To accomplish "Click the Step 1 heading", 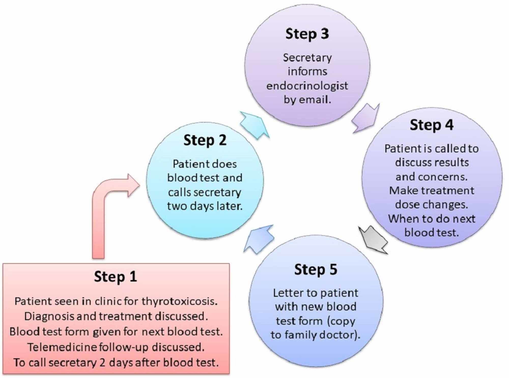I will (116, 277).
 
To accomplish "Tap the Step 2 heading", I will (205, 140).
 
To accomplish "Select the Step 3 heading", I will (307, 34).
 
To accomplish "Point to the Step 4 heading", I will (432, 125).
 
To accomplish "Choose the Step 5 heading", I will (316, 270).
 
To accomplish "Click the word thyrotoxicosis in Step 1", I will (179, 302).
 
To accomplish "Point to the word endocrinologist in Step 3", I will (307, 86).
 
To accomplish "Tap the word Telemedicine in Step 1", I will (62, 347).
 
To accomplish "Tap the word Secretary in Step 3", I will (307, 58).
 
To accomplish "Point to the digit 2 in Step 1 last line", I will (102, 363).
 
